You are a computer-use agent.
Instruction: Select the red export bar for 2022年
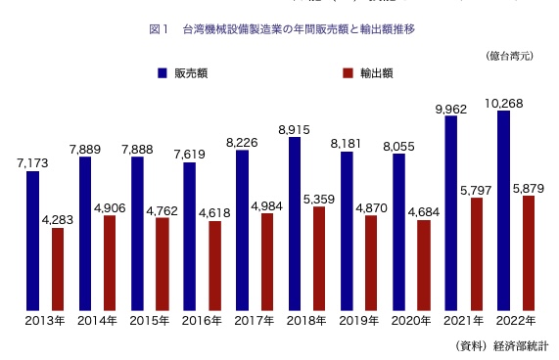tap(529, 253)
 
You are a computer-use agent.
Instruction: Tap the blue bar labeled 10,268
tap(503, 211)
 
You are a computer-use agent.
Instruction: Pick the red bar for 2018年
tap(318, 259)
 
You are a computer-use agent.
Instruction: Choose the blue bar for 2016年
tap(189, 237)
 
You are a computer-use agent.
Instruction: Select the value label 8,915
tap(294, 129)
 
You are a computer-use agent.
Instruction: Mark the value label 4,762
tap(163, 208)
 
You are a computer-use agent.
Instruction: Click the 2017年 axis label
tap(255, 321)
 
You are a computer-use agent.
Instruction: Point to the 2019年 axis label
tap(359, 321)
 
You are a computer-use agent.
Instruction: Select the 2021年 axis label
tap(464, 321)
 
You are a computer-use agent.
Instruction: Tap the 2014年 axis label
tap(98, 321)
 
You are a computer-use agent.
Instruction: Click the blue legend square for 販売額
tap(162, 73)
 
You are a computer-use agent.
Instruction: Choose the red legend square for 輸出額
tap(348, 73)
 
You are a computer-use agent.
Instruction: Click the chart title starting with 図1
tap(281, 29)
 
